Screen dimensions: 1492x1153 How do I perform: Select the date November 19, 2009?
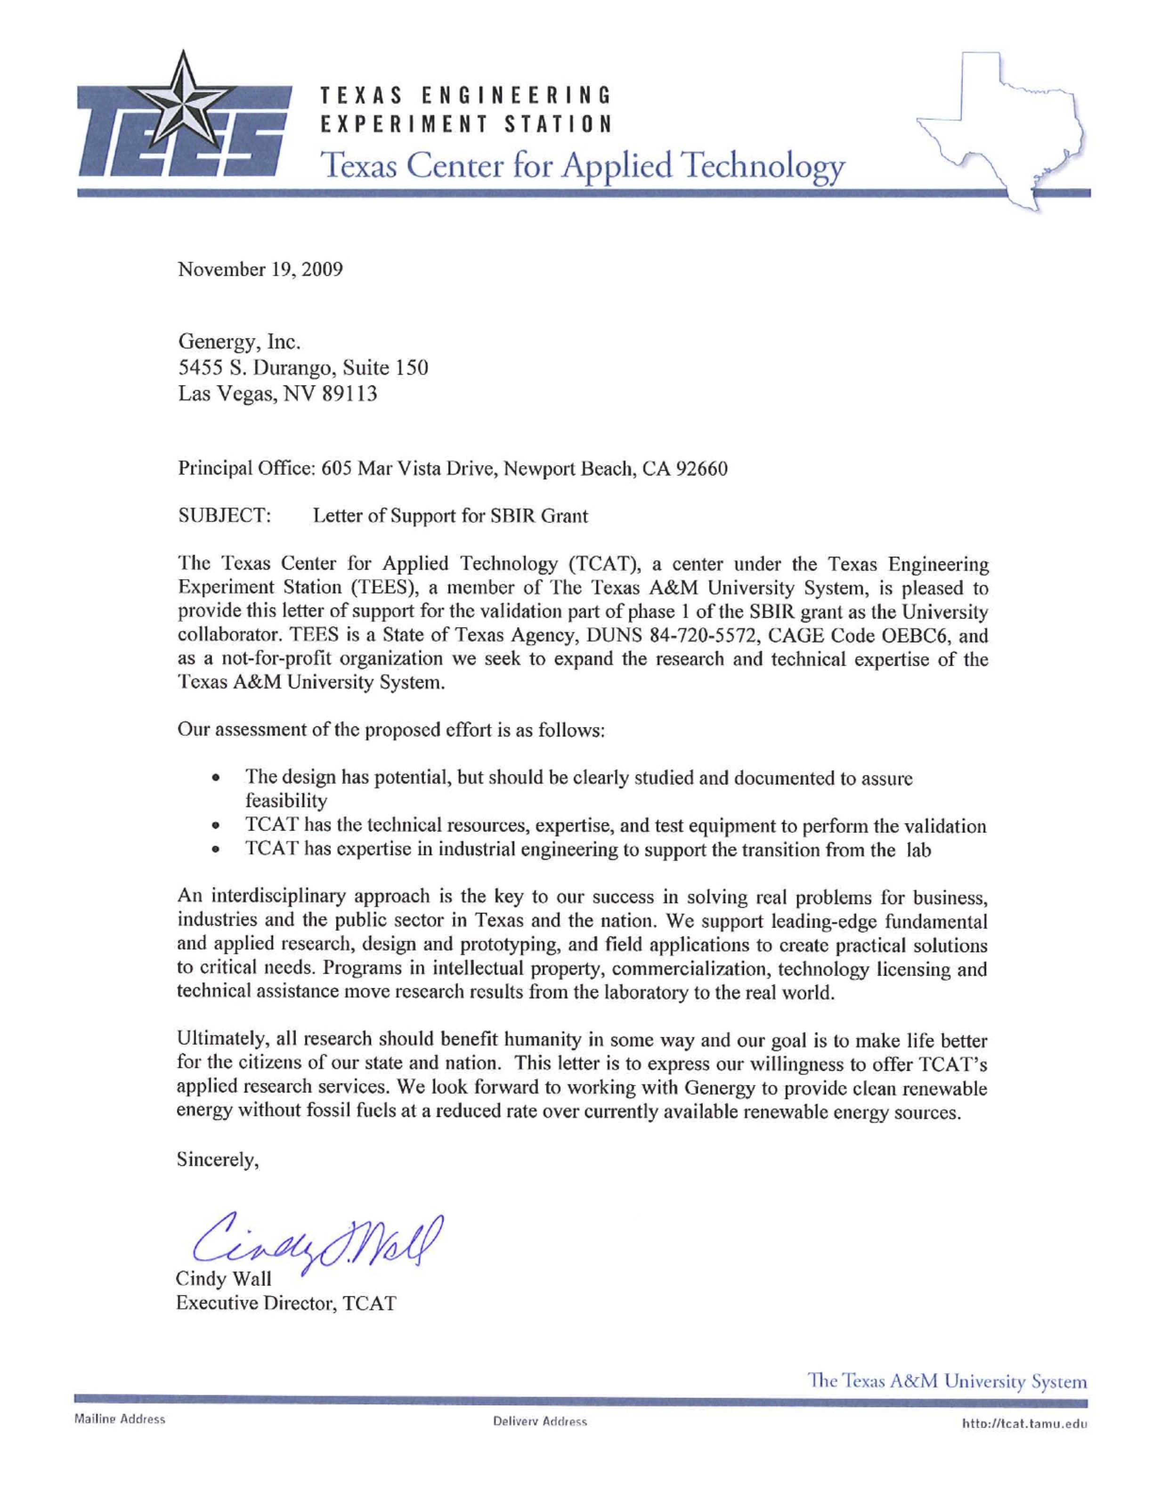[260, 270]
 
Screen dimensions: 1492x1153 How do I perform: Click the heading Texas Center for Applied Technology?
[584, 165]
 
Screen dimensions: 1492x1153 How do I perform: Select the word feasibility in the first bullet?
[286, 800]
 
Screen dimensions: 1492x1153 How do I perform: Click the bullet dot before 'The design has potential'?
[216, 778]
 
